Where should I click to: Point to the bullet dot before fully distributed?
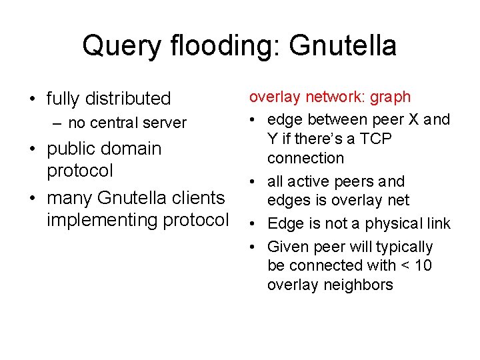click(32, 99)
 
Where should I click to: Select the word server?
click(166, 123)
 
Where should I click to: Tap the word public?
click(71, 148)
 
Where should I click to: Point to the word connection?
click(305, 159)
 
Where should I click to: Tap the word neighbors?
click(359, 285)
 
